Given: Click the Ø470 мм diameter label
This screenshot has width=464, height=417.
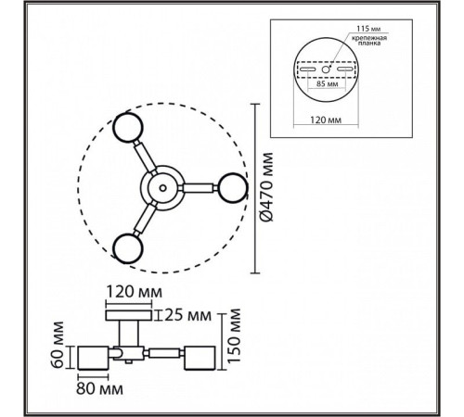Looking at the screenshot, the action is pyautogui.click(x=267, y=187).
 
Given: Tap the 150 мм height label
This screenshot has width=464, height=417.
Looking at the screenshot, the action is pyautogui.click(x=234, y=335).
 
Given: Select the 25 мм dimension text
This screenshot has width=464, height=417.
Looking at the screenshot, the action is pyautogui.click(x=187, y=315).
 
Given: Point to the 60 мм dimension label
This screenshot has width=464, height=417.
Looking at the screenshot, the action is pyautogui.click(x=58, y=345).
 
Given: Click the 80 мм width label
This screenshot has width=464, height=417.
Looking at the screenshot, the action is pyautogui.click(x=99, y=389).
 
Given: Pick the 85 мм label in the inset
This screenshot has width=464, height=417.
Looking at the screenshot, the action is pyautogui.click(x=327, y=83).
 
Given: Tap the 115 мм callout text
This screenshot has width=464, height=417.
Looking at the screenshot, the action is pyautogui.click(x=368, y=29).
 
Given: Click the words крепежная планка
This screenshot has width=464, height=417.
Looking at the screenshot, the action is pyautogui.click(x=368, y=41).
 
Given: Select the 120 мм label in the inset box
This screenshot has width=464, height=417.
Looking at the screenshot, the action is pyautogui.click(x=326, y=120).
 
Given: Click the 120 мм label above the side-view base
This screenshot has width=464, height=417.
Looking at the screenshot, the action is pyautogui.click(x=134, y=292).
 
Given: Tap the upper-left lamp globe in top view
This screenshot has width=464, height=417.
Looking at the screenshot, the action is pyautogui.click(x=127, y=127).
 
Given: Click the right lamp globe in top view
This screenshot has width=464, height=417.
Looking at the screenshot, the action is pyautogui.click(x=232, y=188).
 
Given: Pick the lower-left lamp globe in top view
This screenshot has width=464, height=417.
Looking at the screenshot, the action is pyautogui.click(x=127, y=248).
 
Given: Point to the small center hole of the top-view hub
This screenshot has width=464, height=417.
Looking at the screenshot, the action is pyautogui.click(x=162, y=187).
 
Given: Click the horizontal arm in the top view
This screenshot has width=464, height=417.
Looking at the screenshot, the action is pyautogui.click(x=199, y=188).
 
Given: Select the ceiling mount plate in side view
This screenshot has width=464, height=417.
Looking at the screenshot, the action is pyautogui.click(x=129, y=315).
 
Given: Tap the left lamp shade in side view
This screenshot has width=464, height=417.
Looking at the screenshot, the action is pyautogui.click(x=93, y=358).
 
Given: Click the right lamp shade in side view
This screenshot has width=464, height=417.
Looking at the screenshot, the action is pyautogui.click(x=200, y=358).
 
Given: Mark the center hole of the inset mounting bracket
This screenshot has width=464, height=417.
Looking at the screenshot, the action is pyautogui.click(x=326, y=69).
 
